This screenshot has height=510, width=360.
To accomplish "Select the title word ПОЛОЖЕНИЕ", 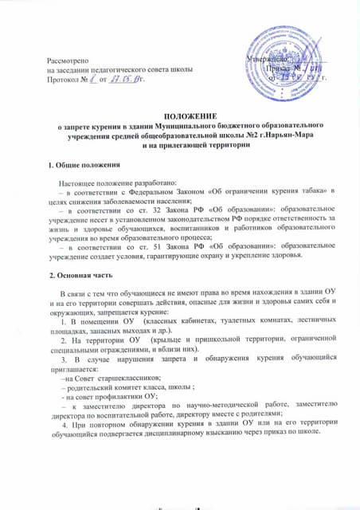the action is pos(179,116).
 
